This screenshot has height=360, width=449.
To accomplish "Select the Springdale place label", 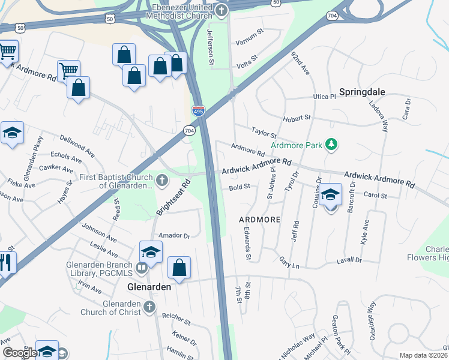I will coord(361,92).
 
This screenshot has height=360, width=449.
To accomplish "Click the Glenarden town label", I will coord(149,287).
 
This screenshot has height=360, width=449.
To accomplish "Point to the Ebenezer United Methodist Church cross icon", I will coord(221,10).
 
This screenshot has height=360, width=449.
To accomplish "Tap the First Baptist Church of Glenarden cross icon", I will coord(161,179).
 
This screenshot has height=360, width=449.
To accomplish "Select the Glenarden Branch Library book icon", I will coord(142,268).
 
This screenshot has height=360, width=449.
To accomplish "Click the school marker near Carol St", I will coord(330,196).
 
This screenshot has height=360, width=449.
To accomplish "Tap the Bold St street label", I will coord(239,187).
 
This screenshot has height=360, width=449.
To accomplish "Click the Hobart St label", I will coord(298,118).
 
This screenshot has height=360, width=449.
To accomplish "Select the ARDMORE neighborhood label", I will coord(260,220).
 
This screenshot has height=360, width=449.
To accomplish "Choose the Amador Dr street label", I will coord(173,236).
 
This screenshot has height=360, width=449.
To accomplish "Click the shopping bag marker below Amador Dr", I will coord(179,268).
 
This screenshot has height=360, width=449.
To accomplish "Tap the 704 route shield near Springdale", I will coord(333,15).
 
